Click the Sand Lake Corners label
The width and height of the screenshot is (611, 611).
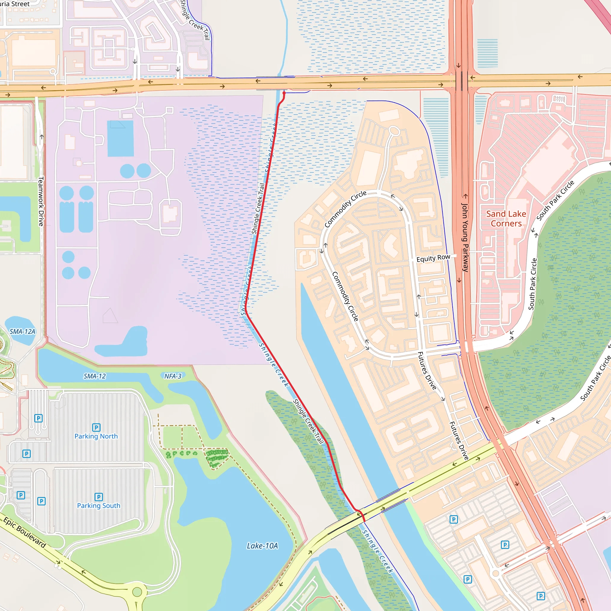click(506, 218)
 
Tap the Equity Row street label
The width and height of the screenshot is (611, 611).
click(433, 258)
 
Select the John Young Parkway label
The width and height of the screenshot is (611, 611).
click(465, 237)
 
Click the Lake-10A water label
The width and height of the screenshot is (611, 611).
click(262, 546)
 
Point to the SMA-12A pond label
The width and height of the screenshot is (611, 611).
click(22, 331)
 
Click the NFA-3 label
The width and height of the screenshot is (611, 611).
click(173, 376)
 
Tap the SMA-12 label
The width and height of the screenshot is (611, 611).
click(95, 376)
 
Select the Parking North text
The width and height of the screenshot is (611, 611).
click(96, 436)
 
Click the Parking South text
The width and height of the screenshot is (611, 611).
click(99, 506)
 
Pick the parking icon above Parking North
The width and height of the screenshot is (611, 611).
click(96, 427)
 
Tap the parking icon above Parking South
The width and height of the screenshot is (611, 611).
click(99, 497)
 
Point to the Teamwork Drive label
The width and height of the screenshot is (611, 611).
click(41, 201)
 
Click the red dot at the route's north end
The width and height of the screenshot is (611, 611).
click(284, 93)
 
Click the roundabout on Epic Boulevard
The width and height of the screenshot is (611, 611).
click(137, 592)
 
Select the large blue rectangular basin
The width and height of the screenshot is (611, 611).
click(121, 138)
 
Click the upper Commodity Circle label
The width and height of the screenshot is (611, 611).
click(345, 209)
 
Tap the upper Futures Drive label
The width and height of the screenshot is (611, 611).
click(427, 371)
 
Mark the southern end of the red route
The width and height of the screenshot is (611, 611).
click(364, 521)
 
